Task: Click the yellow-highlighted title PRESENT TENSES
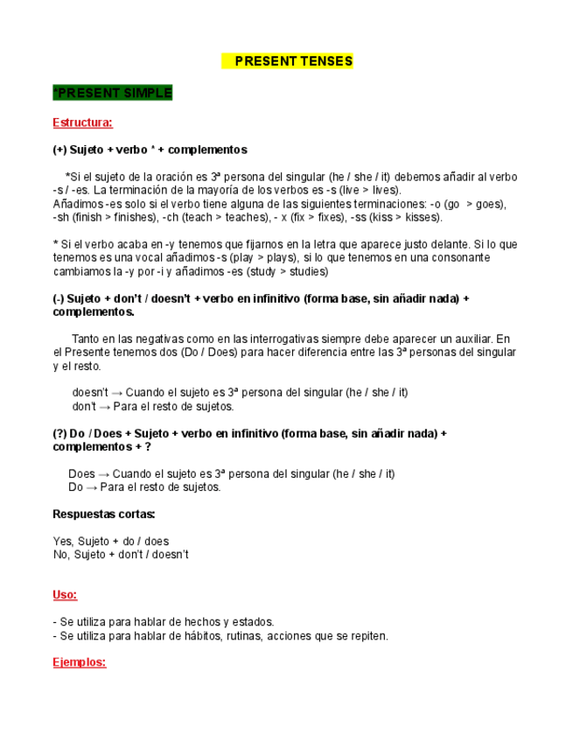pos(287,61)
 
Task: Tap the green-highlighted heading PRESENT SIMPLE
pos(113,93)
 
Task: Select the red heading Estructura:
pos(82,122)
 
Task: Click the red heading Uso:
pos(65,594)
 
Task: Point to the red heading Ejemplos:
pos(79,662)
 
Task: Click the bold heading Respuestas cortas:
pos(104,514)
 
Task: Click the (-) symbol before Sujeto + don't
pos(59,298)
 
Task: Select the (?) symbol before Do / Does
pos(59,433)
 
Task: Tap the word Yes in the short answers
pos(62,542)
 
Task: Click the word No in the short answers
pos(60,555)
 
